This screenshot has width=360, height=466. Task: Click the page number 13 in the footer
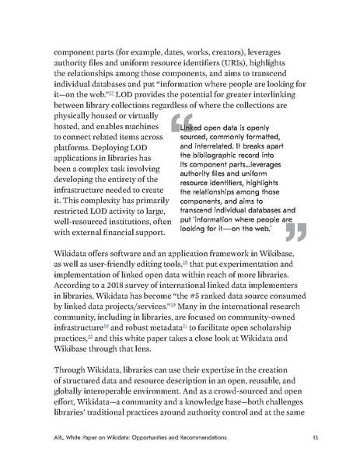point(313,438)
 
